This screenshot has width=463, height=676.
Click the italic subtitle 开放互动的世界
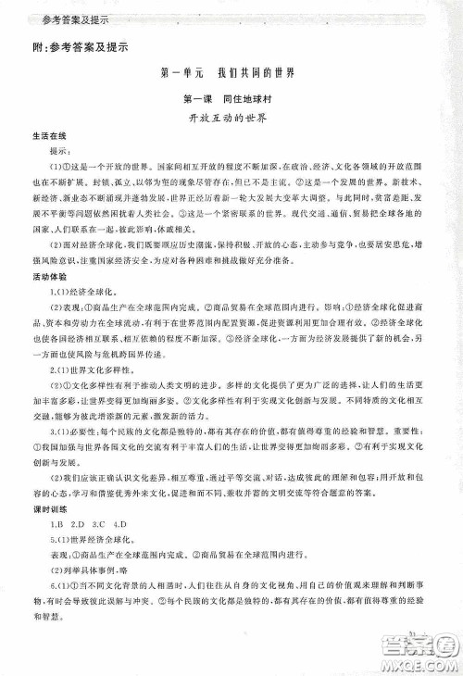click(x=227, y=120)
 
